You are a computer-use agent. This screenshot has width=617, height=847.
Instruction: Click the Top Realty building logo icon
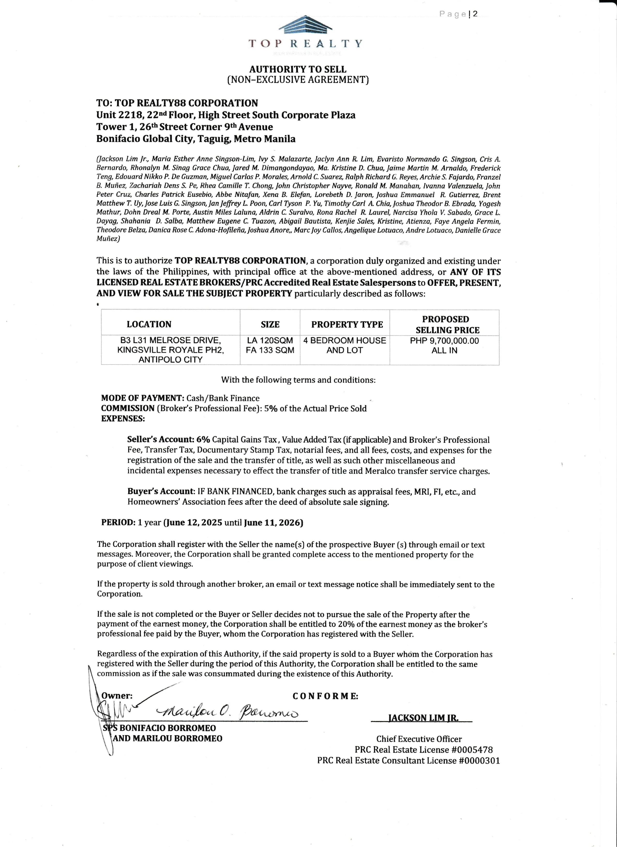tap(305, 25)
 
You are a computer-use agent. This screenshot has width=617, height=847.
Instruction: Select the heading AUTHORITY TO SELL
tap(298, 69)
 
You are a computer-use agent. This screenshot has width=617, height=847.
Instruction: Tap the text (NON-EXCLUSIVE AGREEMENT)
tap(298, 80)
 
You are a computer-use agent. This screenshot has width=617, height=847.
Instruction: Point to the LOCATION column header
tap(149, 324)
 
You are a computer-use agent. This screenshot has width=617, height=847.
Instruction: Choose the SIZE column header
tap(270, 324)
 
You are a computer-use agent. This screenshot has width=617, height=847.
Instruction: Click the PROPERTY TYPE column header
tap(347, 324)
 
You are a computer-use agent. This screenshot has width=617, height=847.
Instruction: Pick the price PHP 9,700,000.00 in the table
tap(444, 341)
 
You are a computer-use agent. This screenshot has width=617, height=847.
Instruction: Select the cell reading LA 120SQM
tap(270, 341)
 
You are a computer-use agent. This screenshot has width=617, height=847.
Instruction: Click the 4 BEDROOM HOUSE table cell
tap(345, 341)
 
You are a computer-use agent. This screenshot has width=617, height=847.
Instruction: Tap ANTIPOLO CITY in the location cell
tap(170, 360)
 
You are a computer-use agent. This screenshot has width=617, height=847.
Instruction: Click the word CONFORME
tap(325, 696)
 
